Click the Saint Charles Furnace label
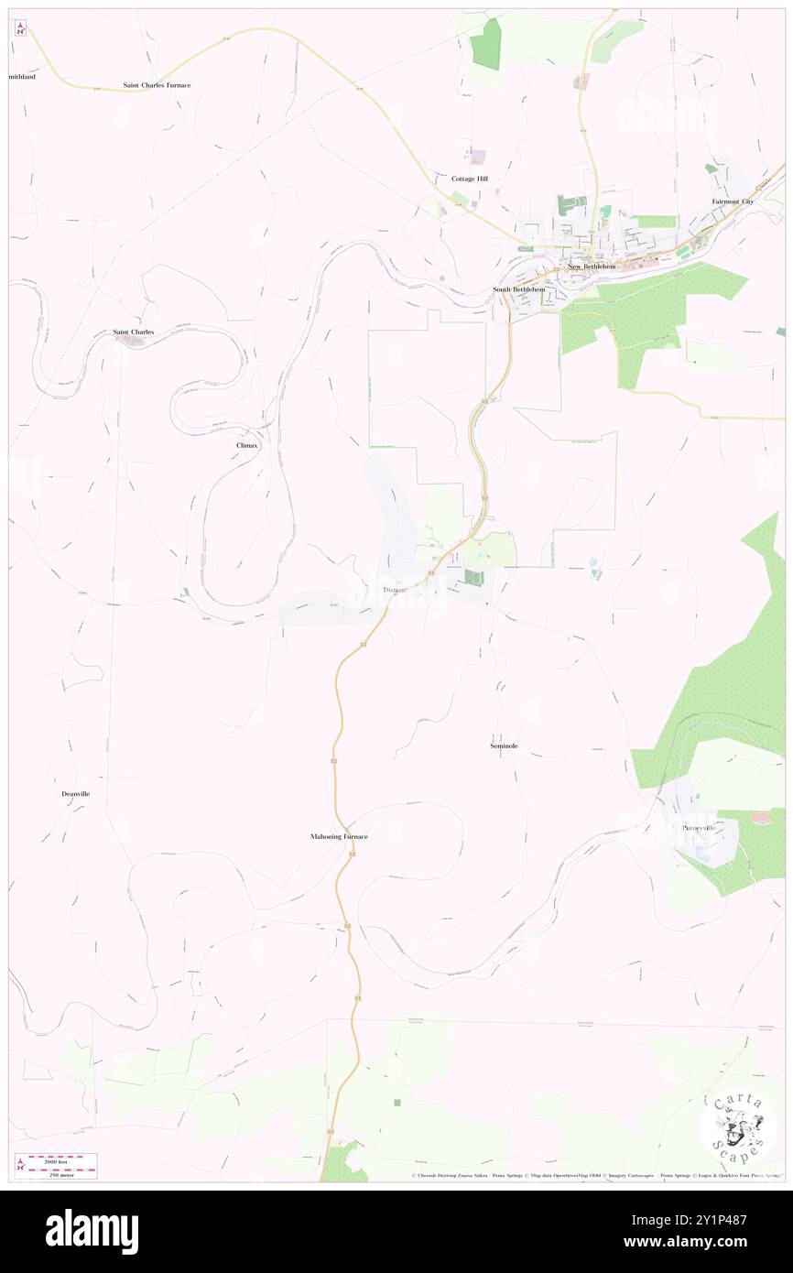pos(158,85)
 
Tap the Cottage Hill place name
pos(470,179)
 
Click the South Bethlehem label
pos(519,289)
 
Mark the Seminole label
pos(504,746)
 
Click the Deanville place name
pos(76,793)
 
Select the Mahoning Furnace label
pos(339,837)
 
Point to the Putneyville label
pos(702,828)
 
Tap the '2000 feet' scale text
pos(62,1159)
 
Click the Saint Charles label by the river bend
pos(134,332)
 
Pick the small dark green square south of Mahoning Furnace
pos(396,1103)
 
